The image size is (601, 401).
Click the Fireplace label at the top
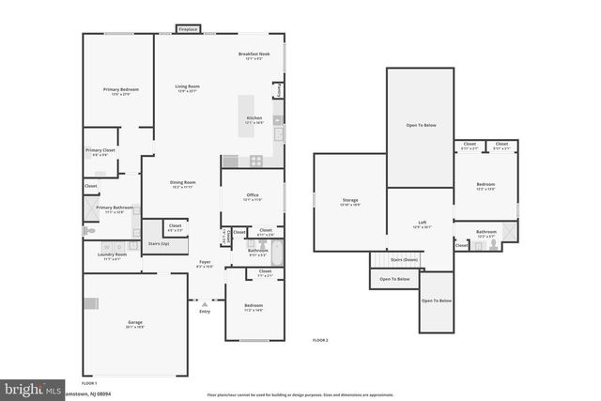(x=188, y=29)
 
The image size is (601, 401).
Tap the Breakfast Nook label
(x=254, y=54)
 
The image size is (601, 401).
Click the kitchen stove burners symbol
(x=256, y=162)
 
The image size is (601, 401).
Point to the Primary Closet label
(x=100, y=151)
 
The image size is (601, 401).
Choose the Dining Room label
(x=182, y=182)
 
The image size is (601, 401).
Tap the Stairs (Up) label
(x=158, y=242)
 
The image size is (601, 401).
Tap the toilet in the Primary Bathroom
(x=89, y=230)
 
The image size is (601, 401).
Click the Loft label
(x=423, y=223)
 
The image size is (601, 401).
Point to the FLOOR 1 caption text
(x=89, y=383)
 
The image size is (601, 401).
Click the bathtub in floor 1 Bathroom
(x=275, y=253)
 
